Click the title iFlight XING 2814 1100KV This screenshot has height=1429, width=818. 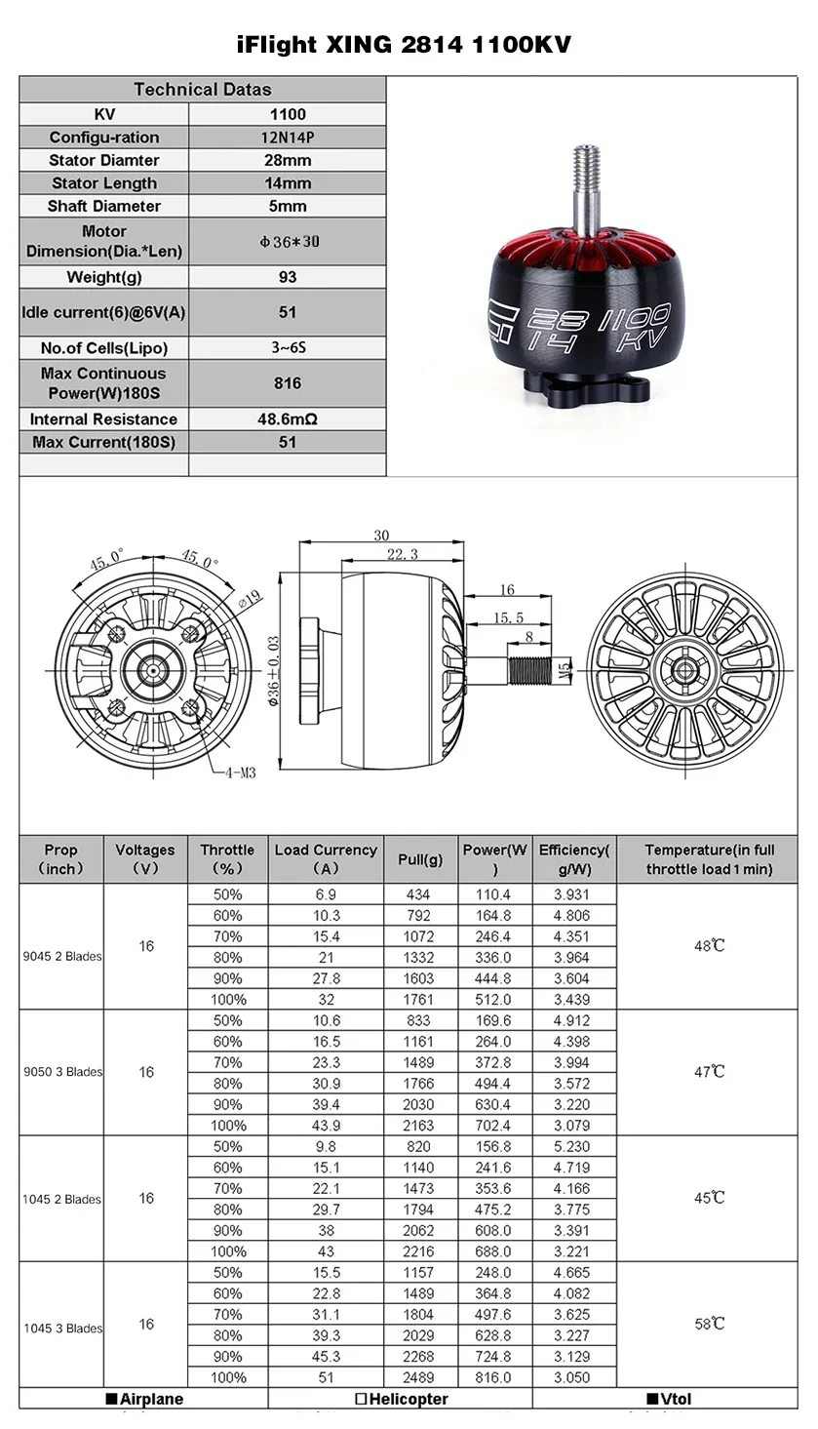click(405, 45)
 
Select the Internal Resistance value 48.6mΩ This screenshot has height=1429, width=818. click(288, 419)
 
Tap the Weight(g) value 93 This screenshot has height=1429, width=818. click(288, 277)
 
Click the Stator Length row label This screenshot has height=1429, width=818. click(103, 183)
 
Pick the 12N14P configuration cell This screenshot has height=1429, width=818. click(288, 138)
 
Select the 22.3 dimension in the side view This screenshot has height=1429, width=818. click(402, 554)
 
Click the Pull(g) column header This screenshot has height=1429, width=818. click(420, 859)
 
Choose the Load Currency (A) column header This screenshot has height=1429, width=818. click(326, 859)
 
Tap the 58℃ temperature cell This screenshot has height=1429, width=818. click(710, 1324)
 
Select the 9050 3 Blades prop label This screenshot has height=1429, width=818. click(62, 1072)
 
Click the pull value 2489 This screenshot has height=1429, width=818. click(420, 1377)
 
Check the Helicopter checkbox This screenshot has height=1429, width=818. click(361, 1399)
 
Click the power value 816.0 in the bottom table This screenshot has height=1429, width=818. click(492, 1377)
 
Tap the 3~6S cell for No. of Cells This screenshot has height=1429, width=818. click(288, 348)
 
